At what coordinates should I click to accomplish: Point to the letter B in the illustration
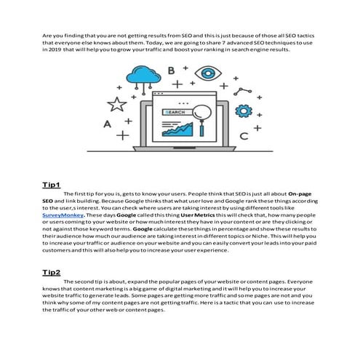[172, 71]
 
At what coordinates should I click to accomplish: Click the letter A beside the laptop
[106, 124]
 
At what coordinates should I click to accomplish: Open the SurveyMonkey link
[63, 215]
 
